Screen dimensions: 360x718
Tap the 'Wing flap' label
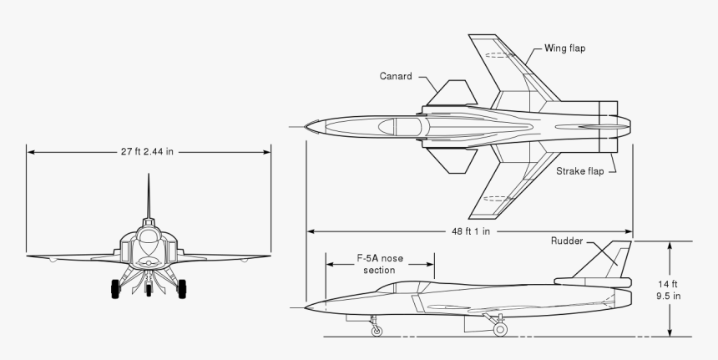565,48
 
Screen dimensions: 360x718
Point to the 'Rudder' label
567,241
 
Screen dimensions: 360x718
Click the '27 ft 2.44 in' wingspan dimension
149,152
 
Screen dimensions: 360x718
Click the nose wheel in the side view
377,330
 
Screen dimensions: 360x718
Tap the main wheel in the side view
500,329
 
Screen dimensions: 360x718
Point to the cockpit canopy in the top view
405,127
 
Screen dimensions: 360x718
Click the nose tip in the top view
306,127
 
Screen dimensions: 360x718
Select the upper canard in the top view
451,93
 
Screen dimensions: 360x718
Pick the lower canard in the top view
451,161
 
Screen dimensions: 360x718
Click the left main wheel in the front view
115,289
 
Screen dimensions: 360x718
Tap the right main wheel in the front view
181,289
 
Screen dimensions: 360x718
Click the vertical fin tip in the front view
149,176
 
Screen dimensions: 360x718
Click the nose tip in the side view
306,308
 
